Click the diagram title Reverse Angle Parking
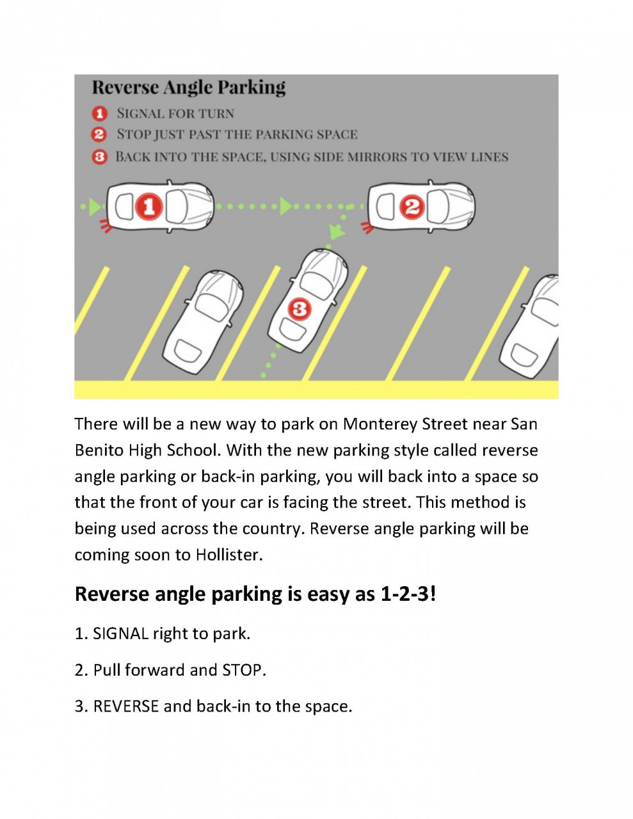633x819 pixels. tap(189, 87)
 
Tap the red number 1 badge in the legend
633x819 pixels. tap(99, 114)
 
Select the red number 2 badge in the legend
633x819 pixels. tap(99, 135)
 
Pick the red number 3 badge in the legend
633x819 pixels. tap(99, 157)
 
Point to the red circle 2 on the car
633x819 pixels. tap(412, 207)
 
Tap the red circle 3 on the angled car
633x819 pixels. tap(299, 310)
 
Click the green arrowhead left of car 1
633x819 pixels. tap(95, 207)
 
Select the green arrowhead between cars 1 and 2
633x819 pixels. tap(285, 206)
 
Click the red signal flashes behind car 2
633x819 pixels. tap(367, 226)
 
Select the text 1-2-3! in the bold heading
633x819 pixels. tap(408, 594)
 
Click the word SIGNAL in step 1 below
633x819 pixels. tap(121, 634)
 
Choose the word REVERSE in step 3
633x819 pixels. tap(126, 707)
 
